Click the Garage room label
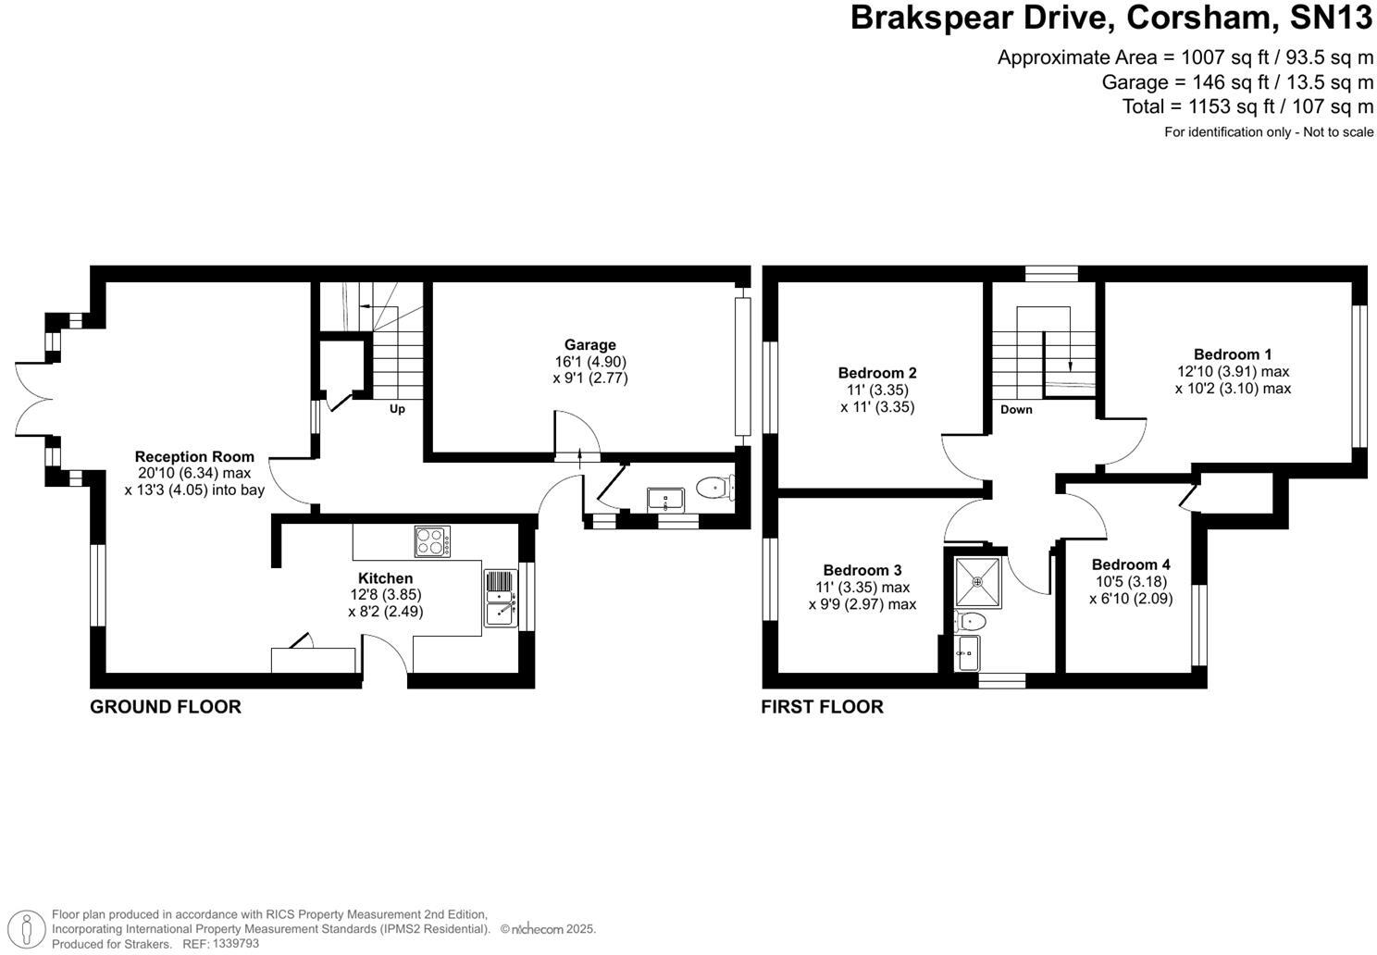click(589, 345)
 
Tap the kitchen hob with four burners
click(432, 540)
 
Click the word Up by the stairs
click(396, 409)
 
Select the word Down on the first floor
click(1015, 410)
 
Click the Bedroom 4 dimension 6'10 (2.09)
click(1131, 599)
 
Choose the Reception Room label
click(194, 456)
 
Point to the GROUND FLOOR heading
click(165, 707)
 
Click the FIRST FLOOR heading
click(822, 707)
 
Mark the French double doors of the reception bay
click(32, 399)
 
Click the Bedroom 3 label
click(862, 570)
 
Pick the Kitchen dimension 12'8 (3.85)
click(385, 595)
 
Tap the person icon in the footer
click(32, 928)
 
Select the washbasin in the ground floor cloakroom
click(665, 500)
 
